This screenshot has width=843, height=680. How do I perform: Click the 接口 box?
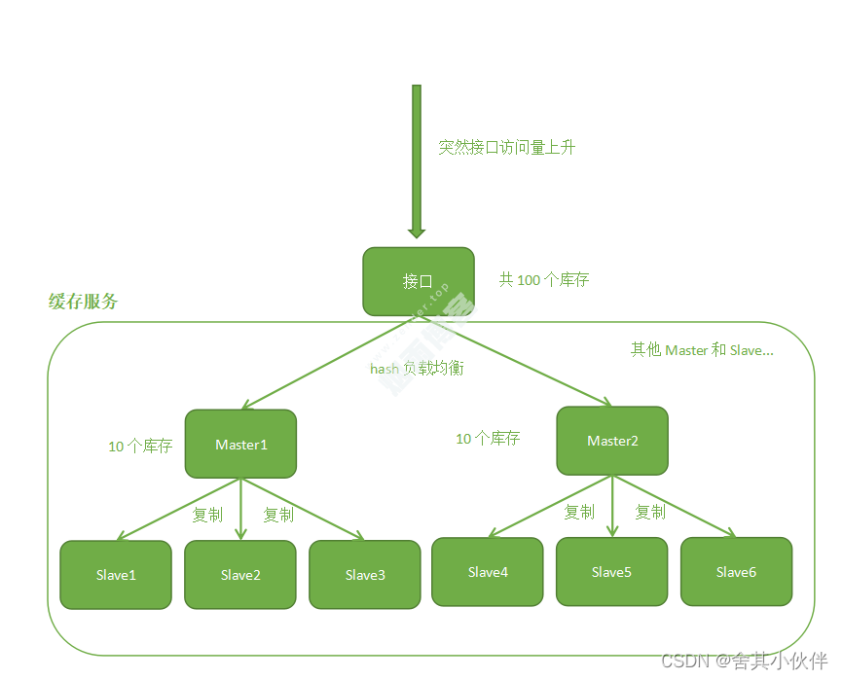(418, 281)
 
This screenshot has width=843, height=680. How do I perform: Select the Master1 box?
(240, 444)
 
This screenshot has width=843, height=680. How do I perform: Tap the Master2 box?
(612, 441)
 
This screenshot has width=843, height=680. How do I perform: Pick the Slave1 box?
(116, 575)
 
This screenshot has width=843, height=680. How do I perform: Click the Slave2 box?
(240, 575)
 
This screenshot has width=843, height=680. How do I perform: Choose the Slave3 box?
(365, 575)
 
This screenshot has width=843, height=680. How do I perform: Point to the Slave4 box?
(488, 572)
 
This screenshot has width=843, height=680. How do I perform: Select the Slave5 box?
(611, 572)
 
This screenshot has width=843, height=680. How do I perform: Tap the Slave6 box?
(736, 572)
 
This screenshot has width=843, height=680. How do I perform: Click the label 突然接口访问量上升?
(507, 148)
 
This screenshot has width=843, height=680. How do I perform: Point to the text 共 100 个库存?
(544, 280)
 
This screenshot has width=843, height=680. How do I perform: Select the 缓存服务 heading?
(84, 302)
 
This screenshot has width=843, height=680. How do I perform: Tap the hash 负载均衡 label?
(417, 370)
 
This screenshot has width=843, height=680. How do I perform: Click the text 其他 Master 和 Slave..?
(702, 350)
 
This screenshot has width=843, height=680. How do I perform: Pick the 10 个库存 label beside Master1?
(140, 447)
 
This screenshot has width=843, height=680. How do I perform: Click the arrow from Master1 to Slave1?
(180, 509)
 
